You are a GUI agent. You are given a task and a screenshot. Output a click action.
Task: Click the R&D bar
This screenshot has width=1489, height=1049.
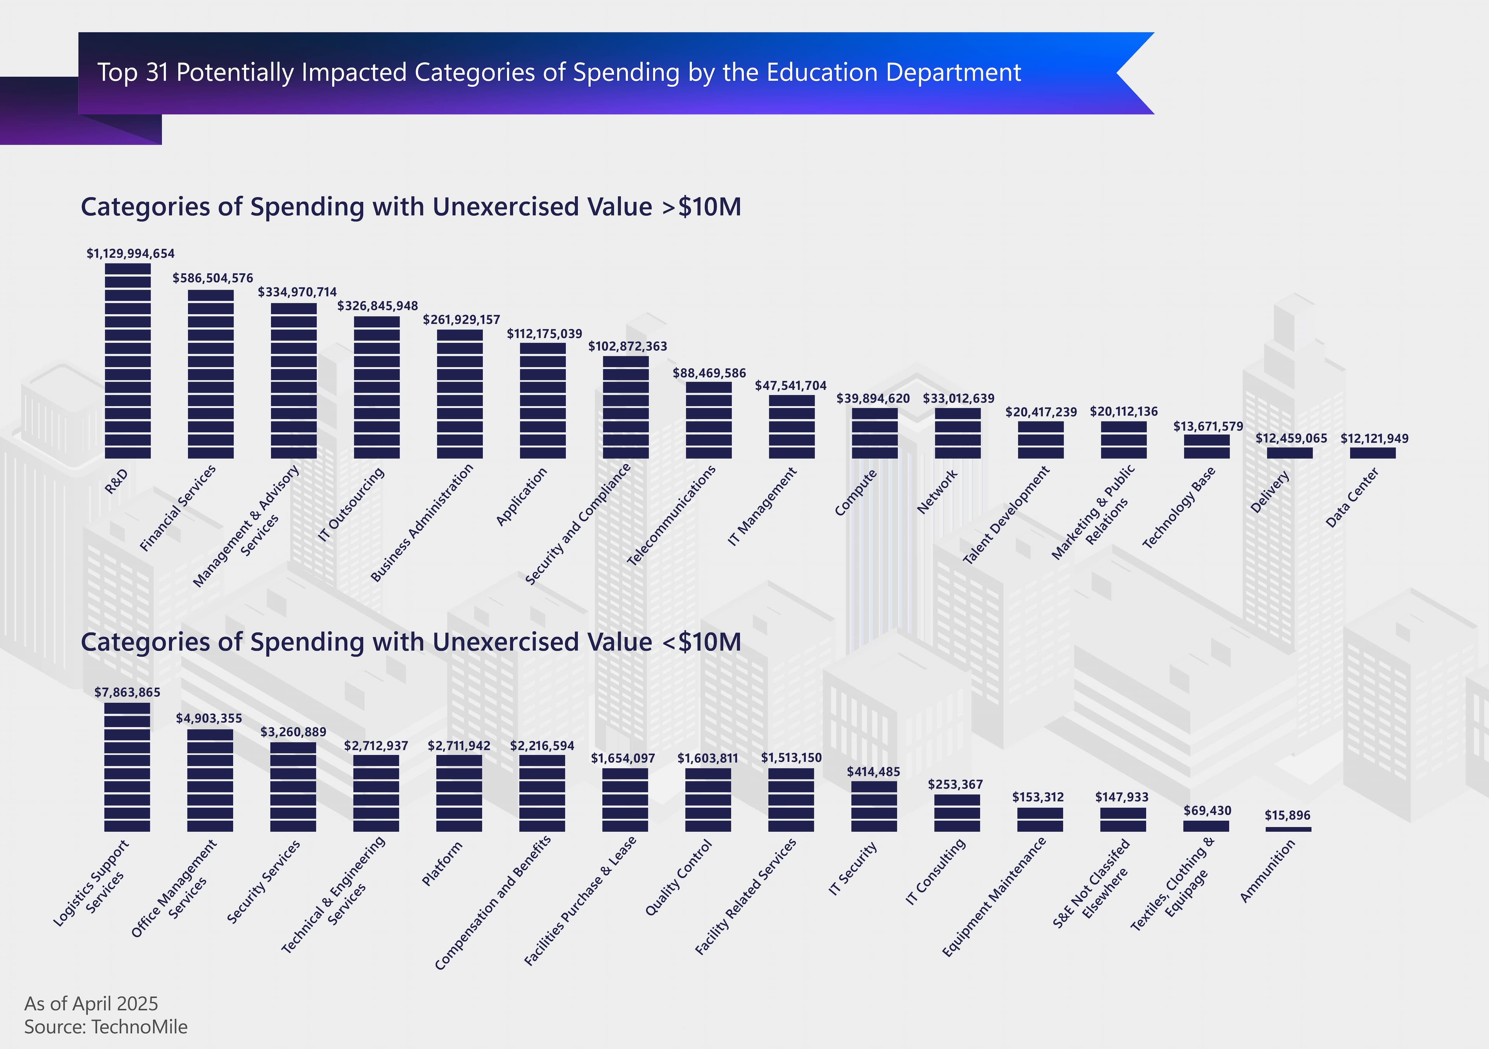(128, 361)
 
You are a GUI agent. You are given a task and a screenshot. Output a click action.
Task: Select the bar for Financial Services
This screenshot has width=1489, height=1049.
(211, 374)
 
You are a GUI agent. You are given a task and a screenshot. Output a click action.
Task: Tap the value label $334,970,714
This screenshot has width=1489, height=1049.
(297, 292)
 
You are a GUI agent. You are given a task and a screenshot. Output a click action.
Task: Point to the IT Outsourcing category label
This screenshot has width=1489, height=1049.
(351, 504)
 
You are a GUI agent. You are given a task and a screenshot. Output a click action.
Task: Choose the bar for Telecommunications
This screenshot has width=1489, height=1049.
(709, 420)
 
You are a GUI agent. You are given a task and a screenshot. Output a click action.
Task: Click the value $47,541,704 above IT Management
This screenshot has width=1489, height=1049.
(791, 385)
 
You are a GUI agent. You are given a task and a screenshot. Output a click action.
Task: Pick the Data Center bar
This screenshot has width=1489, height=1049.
(1373, 453)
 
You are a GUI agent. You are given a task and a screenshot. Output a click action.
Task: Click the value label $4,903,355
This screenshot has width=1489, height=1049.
(209, 718)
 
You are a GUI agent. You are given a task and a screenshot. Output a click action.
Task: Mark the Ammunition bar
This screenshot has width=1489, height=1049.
(1288, 829)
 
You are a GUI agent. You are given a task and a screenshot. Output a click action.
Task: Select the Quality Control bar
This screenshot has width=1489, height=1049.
(708, 800)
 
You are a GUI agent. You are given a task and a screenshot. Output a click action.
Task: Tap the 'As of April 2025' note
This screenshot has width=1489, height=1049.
(91, 1004)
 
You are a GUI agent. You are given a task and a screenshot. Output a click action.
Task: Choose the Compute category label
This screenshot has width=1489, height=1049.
(855, 493)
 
